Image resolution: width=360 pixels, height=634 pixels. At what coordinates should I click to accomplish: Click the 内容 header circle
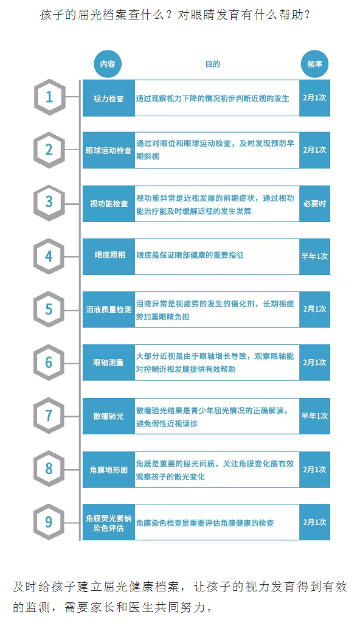tap(108, 64)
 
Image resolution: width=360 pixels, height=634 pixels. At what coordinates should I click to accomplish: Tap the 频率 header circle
tap(315, 64)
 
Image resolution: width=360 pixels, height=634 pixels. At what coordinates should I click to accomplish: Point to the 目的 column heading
tap(212, 64)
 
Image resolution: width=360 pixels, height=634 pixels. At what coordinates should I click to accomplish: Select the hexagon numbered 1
tap(49, 97)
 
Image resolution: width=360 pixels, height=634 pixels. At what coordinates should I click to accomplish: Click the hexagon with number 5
tap(49, 309)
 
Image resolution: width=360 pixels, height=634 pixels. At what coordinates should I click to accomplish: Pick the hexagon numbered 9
tap(49, 521)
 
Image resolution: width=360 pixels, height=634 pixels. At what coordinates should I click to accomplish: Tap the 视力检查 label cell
tap(109, 98)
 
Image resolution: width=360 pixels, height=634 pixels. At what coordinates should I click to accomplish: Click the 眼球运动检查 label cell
tap(109, 150)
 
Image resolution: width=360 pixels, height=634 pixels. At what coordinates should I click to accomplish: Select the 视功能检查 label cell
tap(109, 204)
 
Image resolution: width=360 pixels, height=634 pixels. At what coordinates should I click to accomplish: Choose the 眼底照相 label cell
tap(109, 256)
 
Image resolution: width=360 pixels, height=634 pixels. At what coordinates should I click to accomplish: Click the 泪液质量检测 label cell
tap(109, 309)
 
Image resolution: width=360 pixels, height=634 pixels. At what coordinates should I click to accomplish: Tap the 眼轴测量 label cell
tap(109, 362)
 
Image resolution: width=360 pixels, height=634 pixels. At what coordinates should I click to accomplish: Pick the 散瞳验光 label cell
tap(109, 416)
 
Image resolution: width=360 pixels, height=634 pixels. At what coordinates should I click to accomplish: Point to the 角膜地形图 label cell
tap(109, 470)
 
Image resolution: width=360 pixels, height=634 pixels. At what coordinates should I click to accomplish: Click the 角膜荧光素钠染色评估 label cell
tap(109, 522)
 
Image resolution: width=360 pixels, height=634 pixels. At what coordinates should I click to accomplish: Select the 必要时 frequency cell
tap(315, 204)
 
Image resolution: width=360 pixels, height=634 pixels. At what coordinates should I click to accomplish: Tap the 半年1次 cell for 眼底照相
tap(315, 256)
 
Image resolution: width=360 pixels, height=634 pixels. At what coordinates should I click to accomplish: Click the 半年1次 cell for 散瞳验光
tap(315, 416)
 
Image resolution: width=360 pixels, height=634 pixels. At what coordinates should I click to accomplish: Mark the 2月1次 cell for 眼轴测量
tap(315, 362)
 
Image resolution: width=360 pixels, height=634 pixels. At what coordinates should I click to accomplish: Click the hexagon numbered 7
tap(49, 416)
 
